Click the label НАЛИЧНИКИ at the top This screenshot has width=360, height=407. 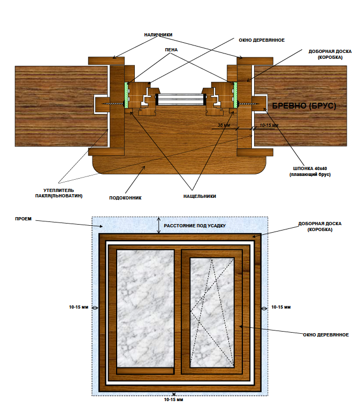(158, 35)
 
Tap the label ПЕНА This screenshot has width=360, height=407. (171, 50)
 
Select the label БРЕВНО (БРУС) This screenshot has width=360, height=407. (304, 106)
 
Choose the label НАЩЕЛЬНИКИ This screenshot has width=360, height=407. (199, 196)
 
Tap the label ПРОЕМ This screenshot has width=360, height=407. (21, 219)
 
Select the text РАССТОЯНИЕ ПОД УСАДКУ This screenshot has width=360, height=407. (195, 226)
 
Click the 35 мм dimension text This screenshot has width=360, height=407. (223, 126)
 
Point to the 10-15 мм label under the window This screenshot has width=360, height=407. (174, 400)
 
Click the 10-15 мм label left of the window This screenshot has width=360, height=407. (79, 308)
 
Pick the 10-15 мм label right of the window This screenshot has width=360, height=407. (281, 308)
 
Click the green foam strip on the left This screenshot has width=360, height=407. (126, 95)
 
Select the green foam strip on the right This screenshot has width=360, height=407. (234, 95)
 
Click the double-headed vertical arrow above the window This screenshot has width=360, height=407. (158, 225)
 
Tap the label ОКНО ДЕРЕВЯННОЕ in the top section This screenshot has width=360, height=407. (261, 40)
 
